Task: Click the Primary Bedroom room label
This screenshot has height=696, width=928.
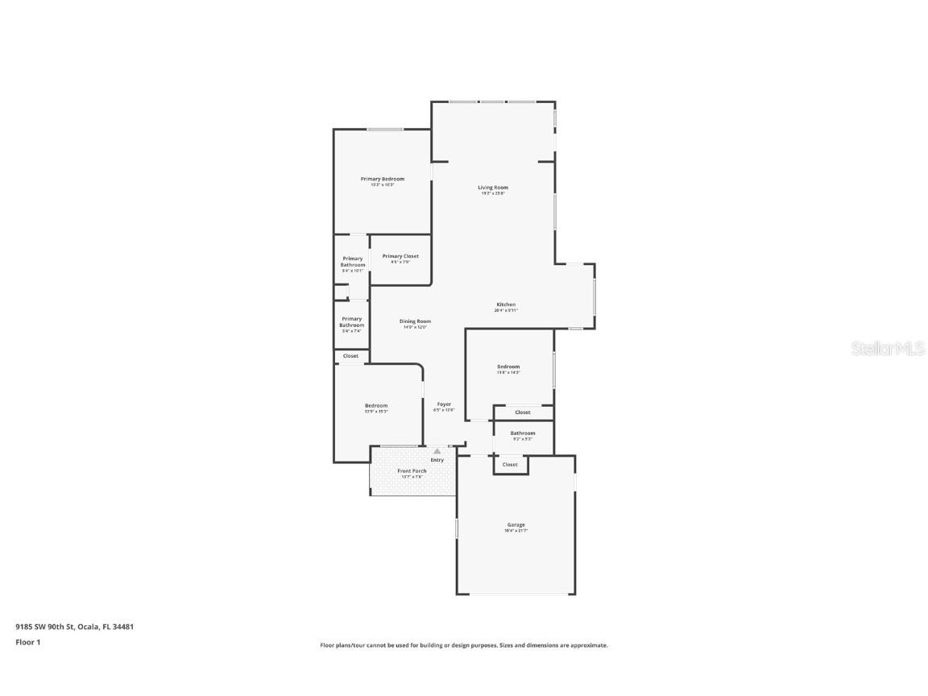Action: coord(382,179)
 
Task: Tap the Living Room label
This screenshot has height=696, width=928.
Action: coord(493,188)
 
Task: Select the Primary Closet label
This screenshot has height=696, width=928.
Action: coord(400,256)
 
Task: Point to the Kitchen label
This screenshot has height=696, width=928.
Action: coord(506,304)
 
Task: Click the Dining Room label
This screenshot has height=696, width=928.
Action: coord(415,321)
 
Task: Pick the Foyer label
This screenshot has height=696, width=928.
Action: coord(444,404)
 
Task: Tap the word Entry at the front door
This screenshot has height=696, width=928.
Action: coord(437,460)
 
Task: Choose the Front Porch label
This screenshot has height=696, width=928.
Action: coord(412,471)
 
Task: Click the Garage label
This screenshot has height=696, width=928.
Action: coord(516,525)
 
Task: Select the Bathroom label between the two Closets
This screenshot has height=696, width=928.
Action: coord(523,433)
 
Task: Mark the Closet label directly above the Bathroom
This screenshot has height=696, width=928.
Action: coord(523,412)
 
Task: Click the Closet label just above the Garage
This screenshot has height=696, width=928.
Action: coord(510,465)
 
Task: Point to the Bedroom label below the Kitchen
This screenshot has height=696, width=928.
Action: coord(508,367)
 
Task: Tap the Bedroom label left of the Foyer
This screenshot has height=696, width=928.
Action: coord(376,406)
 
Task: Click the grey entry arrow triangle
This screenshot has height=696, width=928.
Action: coord(437,451)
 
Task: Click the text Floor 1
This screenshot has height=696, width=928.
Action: coord(27,642)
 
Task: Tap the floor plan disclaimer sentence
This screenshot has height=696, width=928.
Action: coord(464,645)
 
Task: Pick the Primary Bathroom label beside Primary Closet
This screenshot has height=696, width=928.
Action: coord(352,262)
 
